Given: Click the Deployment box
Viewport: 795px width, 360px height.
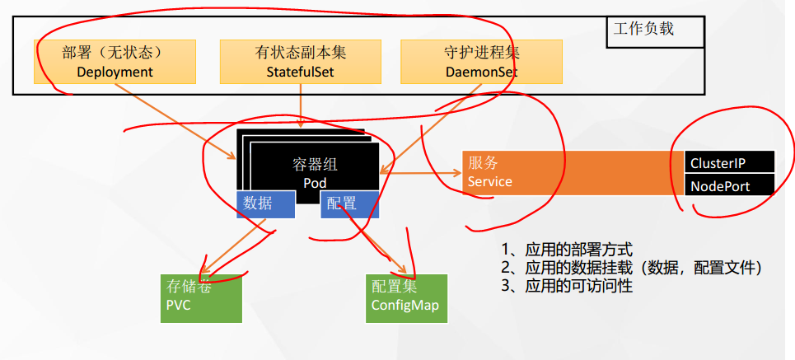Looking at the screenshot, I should coord(115,62).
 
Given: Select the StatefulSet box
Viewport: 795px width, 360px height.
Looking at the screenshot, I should coord(300,62).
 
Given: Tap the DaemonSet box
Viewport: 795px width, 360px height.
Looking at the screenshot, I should coord(481,62).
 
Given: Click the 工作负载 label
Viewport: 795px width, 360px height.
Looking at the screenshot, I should coord(643,29).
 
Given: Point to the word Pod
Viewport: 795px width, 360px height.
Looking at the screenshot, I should coord(316,182).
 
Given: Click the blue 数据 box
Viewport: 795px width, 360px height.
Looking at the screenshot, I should coord(265,204).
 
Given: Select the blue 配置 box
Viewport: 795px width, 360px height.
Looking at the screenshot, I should coord(349,204).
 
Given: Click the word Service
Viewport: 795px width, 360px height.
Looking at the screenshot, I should coord(490,181).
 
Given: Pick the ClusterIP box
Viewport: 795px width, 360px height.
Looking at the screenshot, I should coord(729,163).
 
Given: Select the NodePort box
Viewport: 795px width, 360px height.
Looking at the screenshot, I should coord(729,186).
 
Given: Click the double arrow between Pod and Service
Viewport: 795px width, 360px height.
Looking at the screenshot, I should coord(420,173).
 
